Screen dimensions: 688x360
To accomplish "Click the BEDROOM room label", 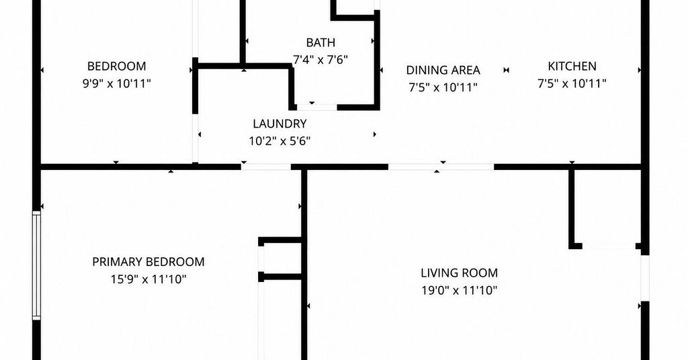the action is (116, 66).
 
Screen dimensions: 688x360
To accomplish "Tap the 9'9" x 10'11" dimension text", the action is (117, 83).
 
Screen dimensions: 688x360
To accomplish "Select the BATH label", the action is (320, 42).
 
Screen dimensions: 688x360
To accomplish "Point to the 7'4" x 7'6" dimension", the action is (320, 60).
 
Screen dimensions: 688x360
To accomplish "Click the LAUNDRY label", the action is (279, 124).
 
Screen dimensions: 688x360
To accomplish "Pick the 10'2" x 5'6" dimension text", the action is (279, 141).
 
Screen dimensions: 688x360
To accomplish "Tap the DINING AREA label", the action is (443, 70).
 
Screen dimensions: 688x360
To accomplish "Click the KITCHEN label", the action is (572, 66).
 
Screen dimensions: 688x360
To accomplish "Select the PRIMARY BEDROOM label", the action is (148, 262).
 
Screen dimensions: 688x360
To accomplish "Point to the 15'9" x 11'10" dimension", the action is (148, 279).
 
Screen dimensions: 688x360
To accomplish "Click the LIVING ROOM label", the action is (460, 273).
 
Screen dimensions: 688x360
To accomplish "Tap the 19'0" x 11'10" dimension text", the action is (460, 290).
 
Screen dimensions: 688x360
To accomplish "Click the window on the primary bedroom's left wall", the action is (36, 265).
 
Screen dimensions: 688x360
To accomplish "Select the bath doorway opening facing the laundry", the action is (317, 107).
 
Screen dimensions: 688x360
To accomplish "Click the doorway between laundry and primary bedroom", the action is (266, 167).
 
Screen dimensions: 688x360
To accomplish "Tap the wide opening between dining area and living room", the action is (441, 167).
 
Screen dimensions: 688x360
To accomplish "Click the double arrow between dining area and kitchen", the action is (507, 70).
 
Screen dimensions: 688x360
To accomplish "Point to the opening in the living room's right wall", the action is (644, 277).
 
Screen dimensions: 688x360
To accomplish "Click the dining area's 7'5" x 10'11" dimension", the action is (443, 88).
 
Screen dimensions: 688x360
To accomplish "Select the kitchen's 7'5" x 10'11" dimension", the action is (572, 83).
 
